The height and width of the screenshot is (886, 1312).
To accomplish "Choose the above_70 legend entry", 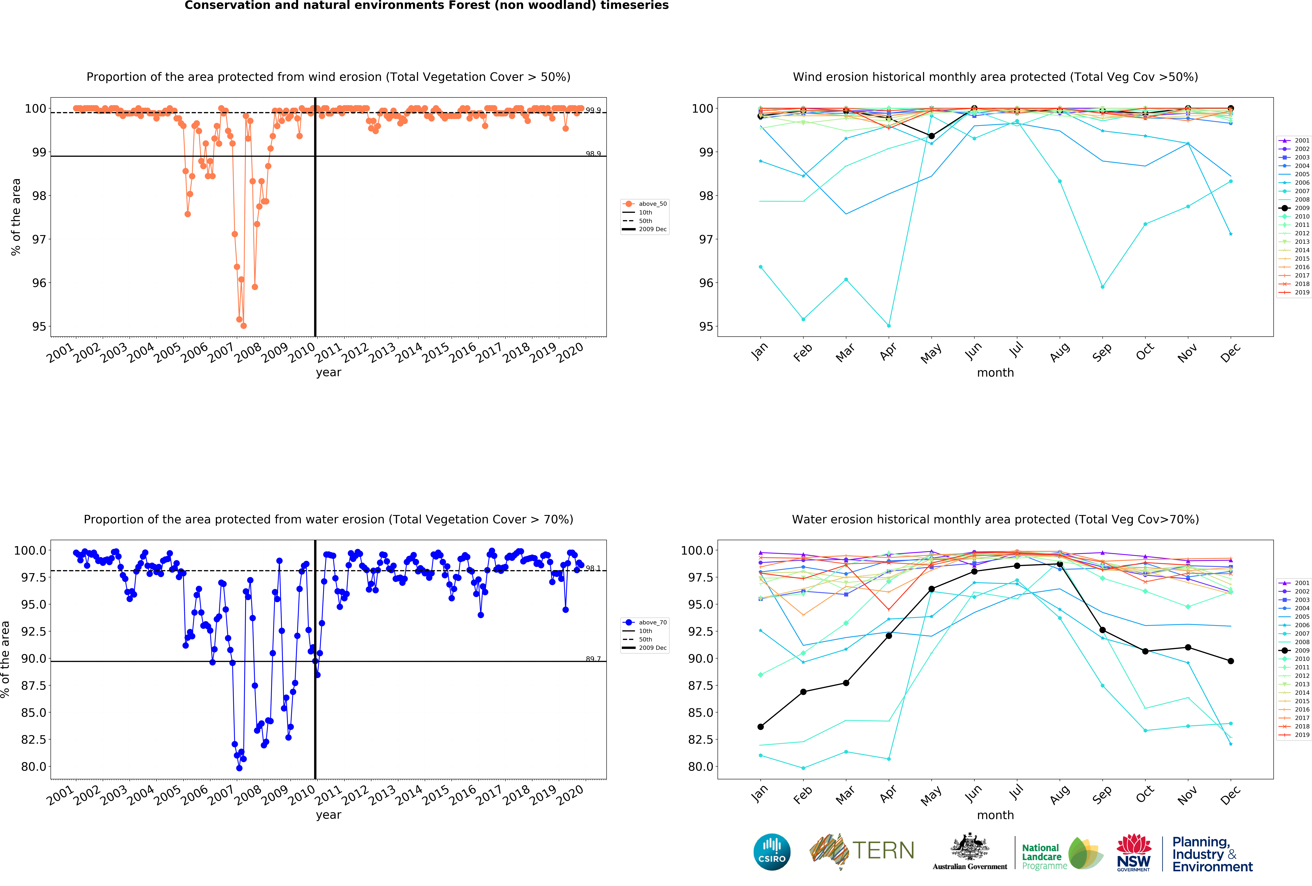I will click(646, 622).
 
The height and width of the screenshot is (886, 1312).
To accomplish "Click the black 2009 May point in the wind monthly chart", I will click(931, 136).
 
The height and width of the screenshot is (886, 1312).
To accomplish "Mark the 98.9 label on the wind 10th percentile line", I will click(593, 154).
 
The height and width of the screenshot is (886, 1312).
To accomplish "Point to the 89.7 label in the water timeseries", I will click(593, 659).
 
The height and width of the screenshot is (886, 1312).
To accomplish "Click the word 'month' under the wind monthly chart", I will click(995, 372).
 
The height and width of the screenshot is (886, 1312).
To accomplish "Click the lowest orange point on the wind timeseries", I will click(243, 326).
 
